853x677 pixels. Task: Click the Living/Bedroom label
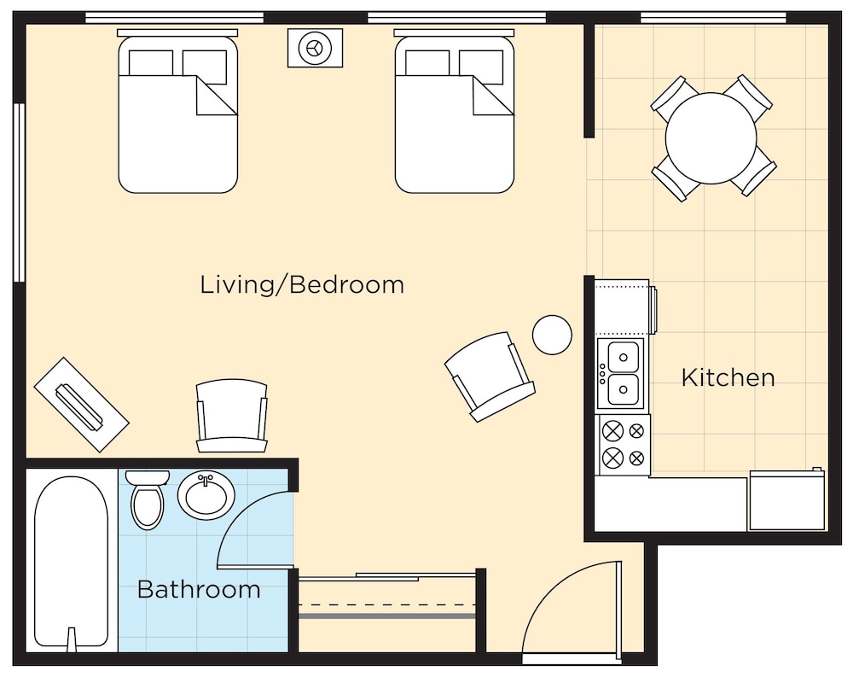(x=302, y=285)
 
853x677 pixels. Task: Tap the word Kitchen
(x=728, y=377)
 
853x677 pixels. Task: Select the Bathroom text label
(x=199, y=589)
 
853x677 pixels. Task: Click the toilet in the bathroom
(x=148, y=499)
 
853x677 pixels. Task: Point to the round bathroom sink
(x=206, y=495)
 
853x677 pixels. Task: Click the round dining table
(x=711, y=138)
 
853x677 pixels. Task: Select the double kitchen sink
(x=621, y=374)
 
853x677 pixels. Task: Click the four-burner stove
(x=624, y=445)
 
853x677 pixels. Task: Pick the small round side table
(x=552, y=335)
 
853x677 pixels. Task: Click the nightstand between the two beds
(x=315, y=48)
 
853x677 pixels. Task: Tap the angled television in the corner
(x=82, y=404)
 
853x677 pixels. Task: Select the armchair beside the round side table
(x=490, y=376)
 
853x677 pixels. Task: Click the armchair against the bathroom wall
(x=232, y=417)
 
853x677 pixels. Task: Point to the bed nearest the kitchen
(x=455, y=112)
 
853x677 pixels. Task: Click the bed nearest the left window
(x=178, y=112)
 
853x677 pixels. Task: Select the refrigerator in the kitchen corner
(x=787, y=500)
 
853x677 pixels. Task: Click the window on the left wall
(x=20, y=192)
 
